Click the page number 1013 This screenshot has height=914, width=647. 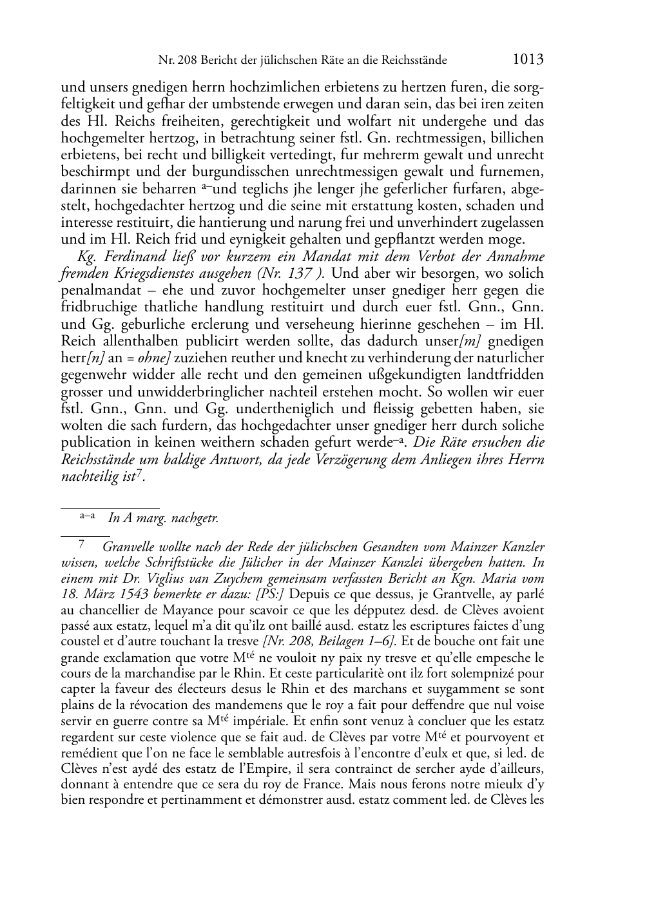[x=528, y=60]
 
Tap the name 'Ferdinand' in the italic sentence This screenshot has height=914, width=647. [x=123, y=257]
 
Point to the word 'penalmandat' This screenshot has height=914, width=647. [x=94, y=290]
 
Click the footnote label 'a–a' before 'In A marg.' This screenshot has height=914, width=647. [x=88, y=516]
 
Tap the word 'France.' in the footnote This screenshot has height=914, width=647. [x=367, y=784]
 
